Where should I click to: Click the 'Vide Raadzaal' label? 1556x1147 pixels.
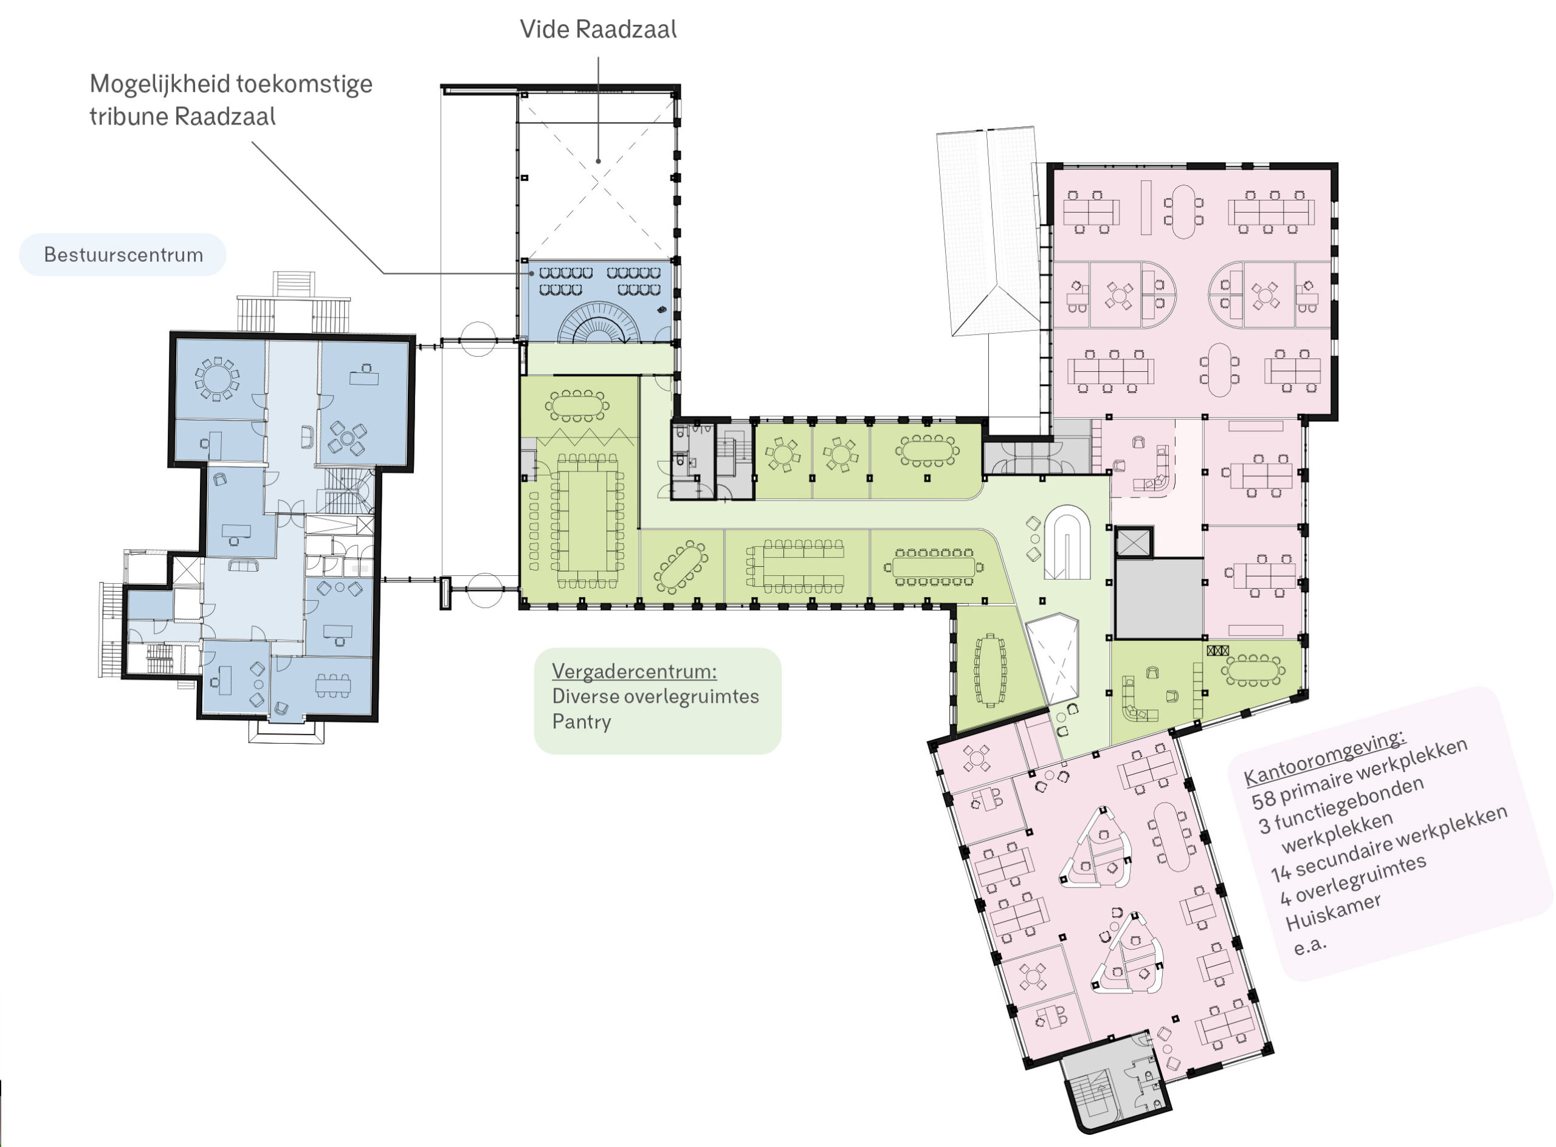598,29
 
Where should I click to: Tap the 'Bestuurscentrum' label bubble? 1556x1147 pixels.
123,255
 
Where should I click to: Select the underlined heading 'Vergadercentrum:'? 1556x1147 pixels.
634,671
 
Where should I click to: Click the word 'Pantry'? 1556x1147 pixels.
582,722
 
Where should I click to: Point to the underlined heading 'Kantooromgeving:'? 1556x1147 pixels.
1324,758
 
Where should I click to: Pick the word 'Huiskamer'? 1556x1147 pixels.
1334,912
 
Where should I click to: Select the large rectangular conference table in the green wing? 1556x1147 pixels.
587,521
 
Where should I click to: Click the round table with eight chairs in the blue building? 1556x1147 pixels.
217,379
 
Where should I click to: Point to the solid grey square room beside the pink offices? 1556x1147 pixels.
1158,598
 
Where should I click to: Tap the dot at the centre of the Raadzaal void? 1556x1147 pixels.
598,161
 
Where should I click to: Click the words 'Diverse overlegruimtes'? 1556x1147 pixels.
655,696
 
